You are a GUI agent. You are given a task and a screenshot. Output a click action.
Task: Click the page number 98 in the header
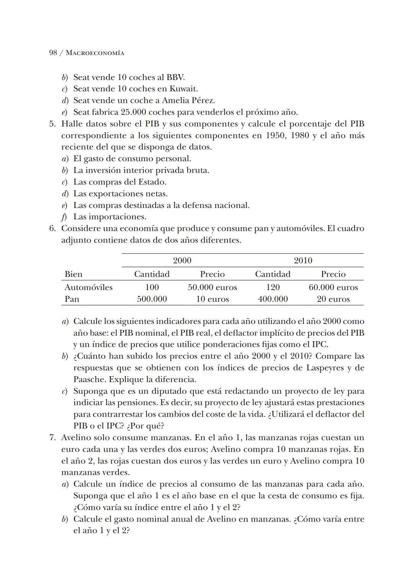53,53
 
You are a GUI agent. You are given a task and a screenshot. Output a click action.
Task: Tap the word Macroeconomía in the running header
95,53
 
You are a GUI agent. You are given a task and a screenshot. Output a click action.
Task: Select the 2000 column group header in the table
182,261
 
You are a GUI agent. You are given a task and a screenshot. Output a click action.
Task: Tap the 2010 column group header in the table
303,261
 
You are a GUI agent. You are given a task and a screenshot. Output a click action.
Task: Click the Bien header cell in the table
73,274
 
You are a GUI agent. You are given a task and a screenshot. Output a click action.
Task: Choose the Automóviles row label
88,287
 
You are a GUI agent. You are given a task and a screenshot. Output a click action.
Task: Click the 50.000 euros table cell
212,287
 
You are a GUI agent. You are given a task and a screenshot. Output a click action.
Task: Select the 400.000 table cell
273,299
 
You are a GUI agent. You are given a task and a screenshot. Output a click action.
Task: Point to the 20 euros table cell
333,299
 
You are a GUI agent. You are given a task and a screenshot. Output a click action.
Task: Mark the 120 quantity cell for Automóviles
273,287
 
